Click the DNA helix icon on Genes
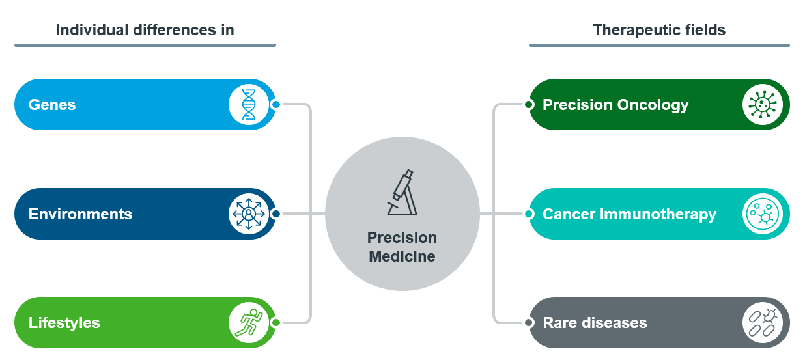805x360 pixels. pos(249,105)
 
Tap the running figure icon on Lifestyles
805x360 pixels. pos(249,323)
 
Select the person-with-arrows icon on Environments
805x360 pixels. pos(249,214)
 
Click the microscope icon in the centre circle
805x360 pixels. pos(402,193)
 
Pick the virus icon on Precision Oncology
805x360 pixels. pos(762,105)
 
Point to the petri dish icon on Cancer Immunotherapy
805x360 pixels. pos(762,214)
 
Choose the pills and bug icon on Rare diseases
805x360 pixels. pos(763,323)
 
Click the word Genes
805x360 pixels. pos(52,105)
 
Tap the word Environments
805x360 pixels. pos(80,214)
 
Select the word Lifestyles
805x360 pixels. pos(64,323)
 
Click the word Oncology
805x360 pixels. pos(653,105)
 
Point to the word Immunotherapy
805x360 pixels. pos(658,214)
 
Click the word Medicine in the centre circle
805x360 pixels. pos(402,256)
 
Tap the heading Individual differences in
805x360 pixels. pos(145,30)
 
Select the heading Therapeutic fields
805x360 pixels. pos(659,30)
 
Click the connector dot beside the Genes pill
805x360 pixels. pos(275,105)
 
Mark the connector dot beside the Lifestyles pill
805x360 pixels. pos(275,323)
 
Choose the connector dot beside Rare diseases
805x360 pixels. pos(529,323)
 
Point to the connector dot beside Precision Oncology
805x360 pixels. pos(529,105)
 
